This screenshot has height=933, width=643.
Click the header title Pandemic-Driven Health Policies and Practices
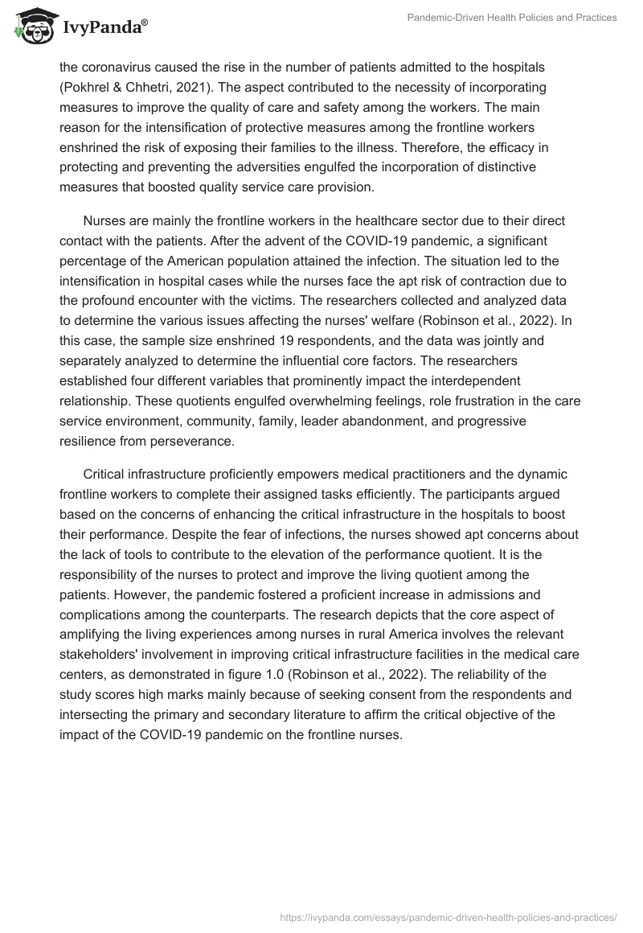510,18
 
